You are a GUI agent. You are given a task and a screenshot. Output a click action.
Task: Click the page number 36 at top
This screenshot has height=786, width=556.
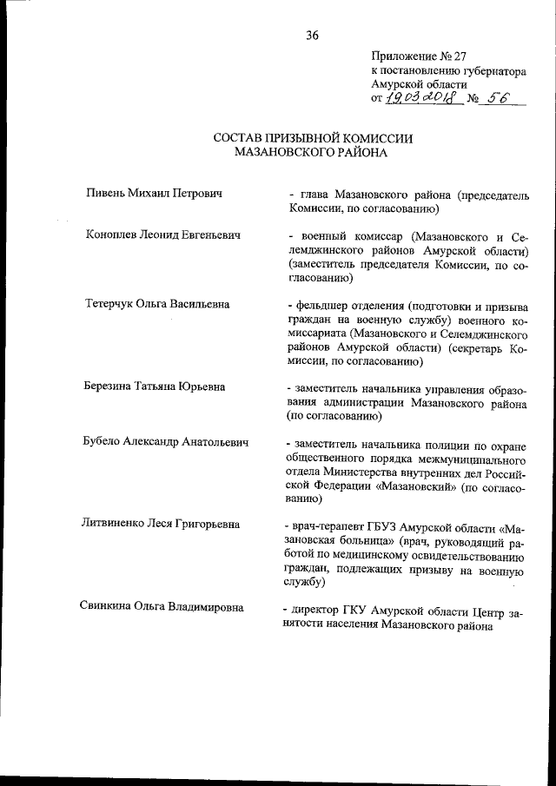(x=312, y=36)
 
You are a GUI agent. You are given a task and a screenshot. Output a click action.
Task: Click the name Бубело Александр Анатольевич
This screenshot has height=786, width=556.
(x=167, y=442)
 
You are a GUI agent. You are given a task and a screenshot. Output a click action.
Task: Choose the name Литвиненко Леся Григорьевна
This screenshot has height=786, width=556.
(x=162, y=525)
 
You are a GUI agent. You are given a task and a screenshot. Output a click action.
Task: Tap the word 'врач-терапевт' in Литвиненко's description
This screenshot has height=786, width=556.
(x=329, y=525)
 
